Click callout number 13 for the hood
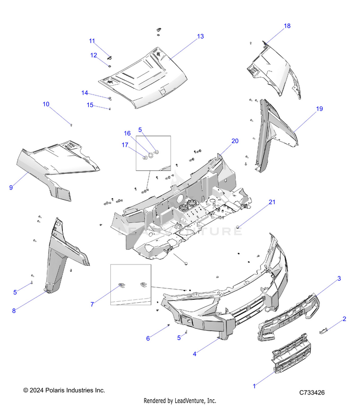pos(200,36)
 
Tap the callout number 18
pos(287,26)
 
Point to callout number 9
pos(11,188)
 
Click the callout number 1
pos(254,385)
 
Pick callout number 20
pos(235,141)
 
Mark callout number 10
pos(46,104)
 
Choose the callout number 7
pos(93,304)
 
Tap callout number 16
pos(127,133)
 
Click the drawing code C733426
pos(312,393)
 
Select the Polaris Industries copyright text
pos(64,391)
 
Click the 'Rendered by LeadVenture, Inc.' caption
pos(180,401)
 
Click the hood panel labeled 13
pos(144,79)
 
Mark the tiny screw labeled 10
pos(71,125)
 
